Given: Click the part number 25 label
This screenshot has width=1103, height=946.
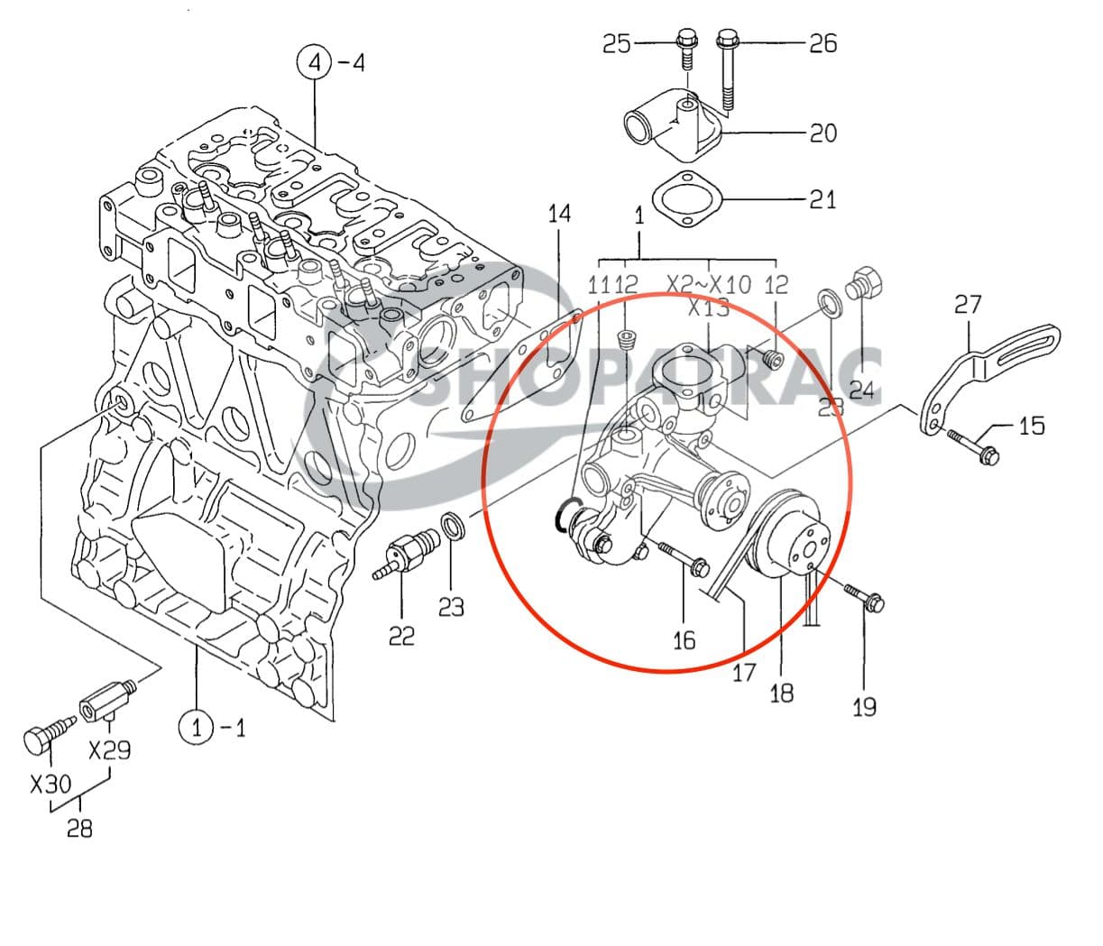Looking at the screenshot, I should [x=617, y=43].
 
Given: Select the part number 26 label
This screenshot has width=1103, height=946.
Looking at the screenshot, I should [x=823, y=43].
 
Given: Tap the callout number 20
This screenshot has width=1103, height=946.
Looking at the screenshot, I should [x=823, y=133].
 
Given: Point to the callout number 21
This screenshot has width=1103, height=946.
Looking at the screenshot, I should [x=823, y=198].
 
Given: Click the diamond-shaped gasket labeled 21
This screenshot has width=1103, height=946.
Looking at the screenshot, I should [x=686, y=198].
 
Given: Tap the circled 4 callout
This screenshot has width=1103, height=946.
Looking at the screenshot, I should [x=314, y=63].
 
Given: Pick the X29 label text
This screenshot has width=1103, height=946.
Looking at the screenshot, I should [x=109, y=749].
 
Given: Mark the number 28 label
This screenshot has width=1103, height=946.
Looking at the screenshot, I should [x=79, y=827].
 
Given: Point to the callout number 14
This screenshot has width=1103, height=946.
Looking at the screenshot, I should [x=559, y=214].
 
